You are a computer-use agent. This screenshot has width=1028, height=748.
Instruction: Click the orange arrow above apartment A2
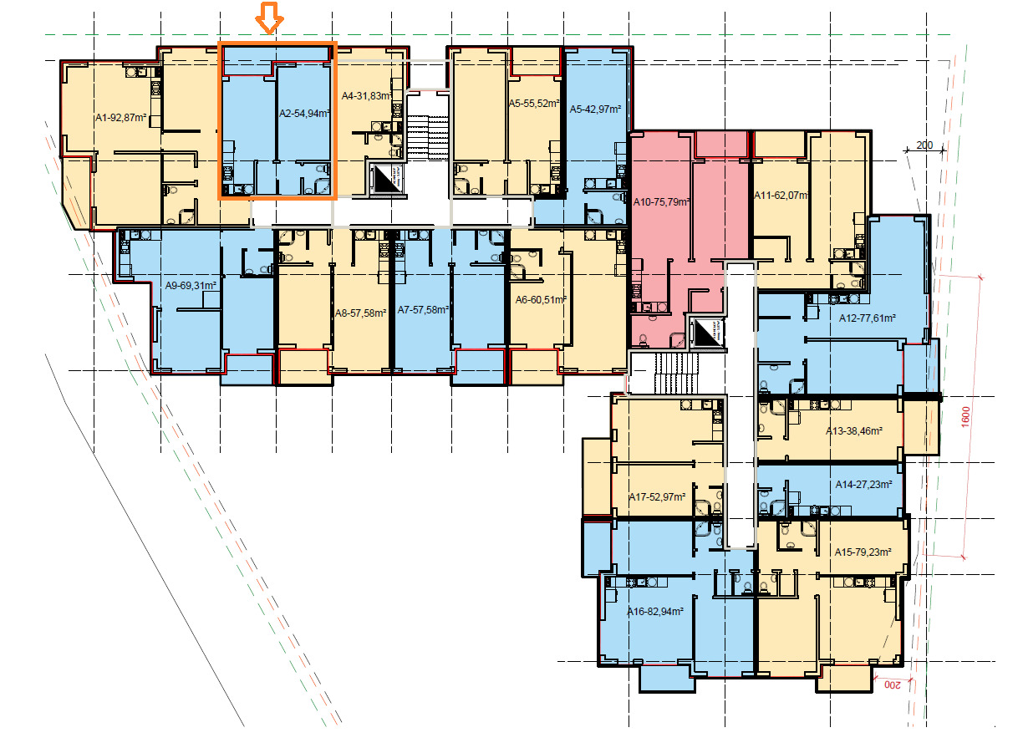tap(269, 18)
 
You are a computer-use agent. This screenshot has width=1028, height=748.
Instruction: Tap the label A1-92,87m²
tap(120, 118)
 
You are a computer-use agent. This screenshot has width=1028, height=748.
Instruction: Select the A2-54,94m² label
tap(304, 113)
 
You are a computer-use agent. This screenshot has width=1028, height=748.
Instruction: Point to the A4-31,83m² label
tap(367, 96)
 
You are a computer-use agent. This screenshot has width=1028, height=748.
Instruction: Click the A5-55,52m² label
tap(534, 104)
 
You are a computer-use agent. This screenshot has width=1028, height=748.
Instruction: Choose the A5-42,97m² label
tap(595, 109)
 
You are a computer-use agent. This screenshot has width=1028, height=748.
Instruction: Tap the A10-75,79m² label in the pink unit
tap(661, 202)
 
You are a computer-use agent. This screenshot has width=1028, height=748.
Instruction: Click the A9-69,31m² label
tap(191, 286)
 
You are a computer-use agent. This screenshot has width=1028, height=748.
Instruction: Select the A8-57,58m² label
tap(360, 313)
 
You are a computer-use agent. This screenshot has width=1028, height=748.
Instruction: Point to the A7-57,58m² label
tap(423, 310)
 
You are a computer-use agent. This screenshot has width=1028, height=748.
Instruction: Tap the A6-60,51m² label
tap(541, 300)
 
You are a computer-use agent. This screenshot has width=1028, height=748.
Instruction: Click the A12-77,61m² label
tap(868, 318)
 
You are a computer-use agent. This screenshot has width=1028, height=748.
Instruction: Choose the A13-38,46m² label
tap(854, 431)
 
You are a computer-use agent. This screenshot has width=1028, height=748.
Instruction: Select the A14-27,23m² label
tap(863, 485)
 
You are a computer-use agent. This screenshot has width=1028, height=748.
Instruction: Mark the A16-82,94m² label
tap(655, 611)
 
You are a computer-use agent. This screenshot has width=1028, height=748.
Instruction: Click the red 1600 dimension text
tap(965, 417)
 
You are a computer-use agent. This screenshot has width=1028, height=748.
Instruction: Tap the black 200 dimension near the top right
tap(924, 145)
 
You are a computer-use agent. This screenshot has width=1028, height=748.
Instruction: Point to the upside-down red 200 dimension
tap(892, 685)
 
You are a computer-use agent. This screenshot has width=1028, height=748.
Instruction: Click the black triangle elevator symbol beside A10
tap(708, 333)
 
